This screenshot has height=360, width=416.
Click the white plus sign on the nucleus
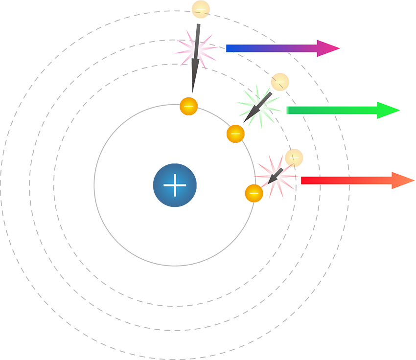tap(175, 185)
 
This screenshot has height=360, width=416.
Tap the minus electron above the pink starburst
tap(200, 9)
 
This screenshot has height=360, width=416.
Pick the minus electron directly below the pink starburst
tap(188, 106)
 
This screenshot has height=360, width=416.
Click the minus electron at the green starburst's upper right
tap(280, 81)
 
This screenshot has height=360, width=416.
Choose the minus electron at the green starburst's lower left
tap(235, 134)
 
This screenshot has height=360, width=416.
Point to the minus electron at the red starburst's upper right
tap(294, 157)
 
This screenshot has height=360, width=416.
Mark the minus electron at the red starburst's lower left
tap(254, 193)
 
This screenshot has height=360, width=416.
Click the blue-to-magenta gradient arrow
tap(274, 48)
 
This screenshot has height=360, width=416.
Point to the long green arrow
tap(338, 111)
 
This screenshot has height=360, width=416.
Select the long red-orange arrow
tap(347, 180)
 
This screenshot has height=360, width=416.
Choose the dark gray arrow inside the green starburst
tap(256, 108)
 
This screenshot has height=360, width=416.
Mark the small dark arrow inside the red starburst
tap(275, 176)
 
